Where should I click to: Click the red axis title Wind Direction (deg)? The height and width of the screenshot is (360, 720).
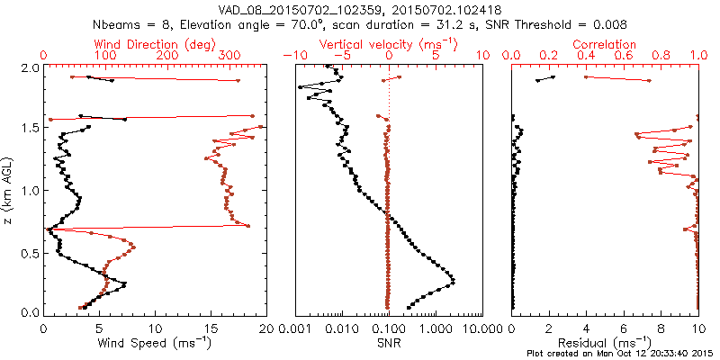point(156,44)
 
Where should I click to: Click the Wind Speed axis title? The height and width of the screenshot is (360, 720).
point(156,343)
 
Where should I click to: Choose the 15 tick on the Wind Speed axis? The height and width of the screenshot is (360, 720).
point(211,327)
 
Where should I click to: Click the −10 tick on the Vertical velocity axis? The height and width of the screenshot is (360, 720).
point(293,56)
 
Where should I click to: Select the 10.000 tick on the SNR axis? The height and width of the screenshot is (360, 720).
point(481,327)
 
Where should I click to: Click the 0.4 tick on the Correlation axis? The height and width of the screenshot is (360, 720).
point(587,56)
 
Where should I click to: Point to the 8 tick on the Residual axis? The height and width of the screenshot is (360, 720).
point(661,327)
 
